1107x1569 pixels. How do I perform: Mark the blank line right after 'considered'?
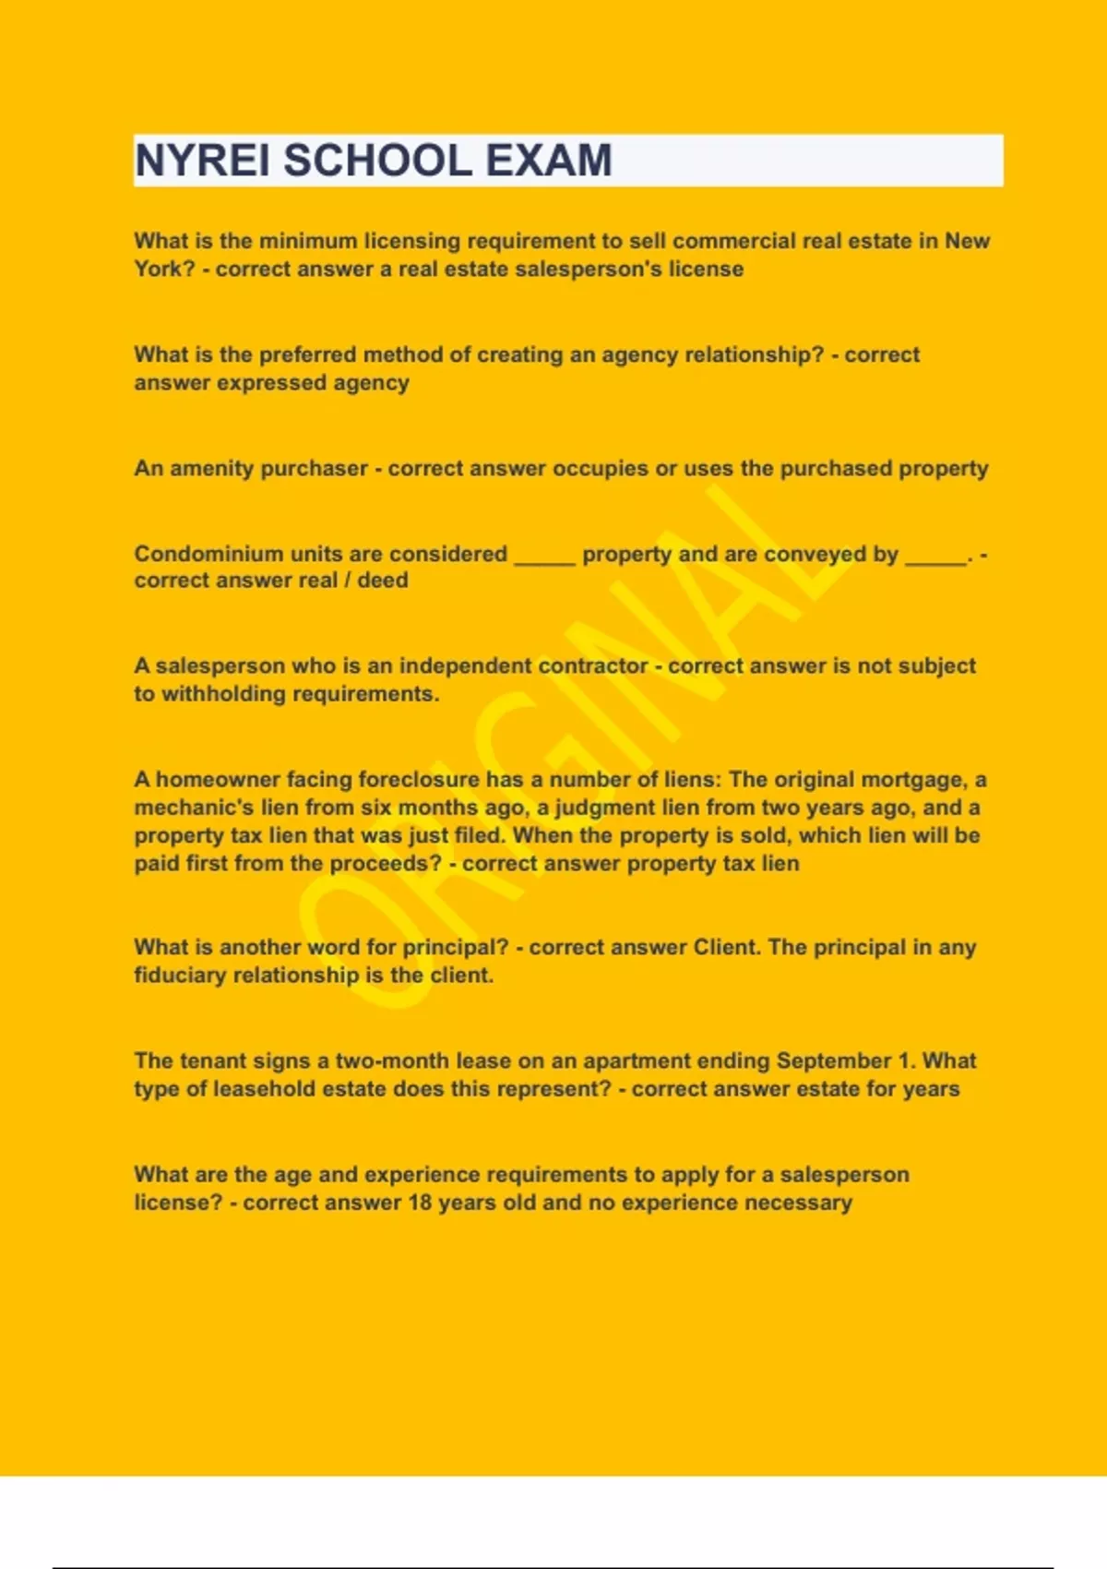(x=544, y=557)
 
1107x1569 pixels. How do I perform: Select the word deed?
(x=383, y=581)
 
